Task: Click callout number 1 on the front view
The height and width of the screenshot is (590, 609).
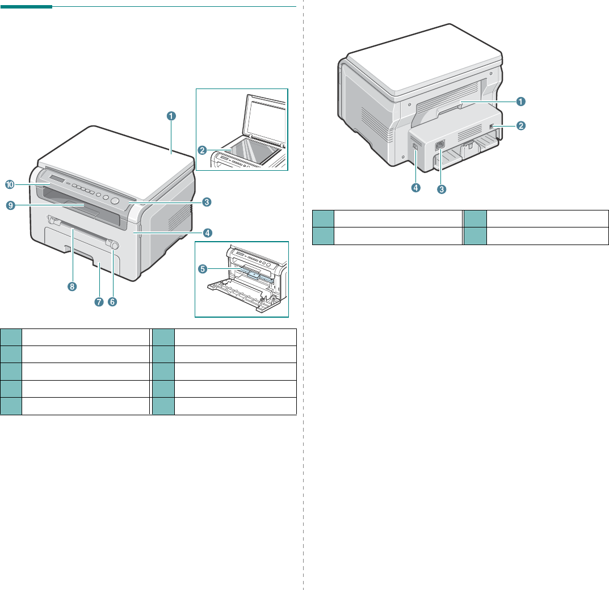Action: pyautogui.click(x=171, y=116)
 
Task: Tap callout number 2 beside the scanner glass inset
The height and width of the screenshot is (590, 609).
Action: pyautogui.click(x=201, y=150)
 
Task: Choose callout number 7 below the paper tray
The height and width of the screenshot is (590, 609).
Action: pyautogui.click(x=99, y=302)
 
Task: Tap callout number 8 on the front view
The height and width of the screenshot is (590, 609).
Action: pyautogui.click(x=72, y=286)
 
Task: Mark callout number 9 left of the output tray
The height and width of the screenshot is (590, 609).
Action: pyautogui.click(x=10, y=206)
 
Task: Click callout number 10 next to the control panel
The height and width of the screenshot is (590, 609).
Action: pyautogui.click(x=10, y=185)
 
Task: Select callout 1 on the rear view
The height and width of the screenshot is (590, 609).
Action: pyautogui.click(x=520, y=102)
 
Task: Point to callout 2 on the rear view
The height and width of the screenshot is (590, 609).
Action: pyautogui.click(x=520, y=126)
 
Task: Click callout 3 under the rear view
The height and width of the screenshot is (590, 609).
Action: pyautogui.click(x=441, y=189)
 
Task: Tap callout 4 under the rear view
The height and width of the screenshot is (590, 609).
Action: pyautogui.click(x=415, y=187)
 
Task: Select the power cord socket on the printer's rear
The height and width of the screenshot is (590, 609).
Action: pyautogui.click(x=440, y=145)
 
